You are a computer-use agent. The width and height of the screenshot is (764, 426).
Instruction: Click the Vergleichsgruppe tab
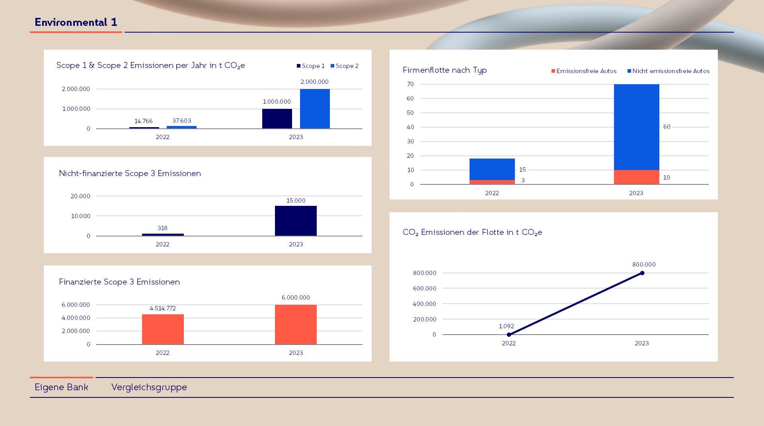click(149, 387)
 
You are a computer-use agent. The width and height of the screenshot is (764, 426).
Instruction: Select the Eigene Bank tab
click(61, 387)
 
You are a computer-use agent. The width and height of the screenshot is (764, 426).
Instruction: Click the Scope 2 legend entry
click(345, 66)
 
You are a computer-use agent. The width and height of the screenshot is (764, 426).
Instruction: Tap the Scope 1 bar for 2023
click(277, 118)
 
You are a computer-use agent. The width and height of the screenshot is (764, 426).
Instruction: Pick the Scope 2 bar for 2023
click(315, 108)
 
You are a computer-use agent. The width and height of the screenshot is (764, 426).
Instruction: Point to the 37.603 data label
click(181, 121)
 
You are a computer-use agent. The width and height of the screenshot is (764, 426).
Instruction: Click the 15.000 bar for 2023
click(296, 221)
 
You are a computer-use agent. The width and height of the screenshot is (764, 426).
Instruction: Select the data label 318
click(162, 228)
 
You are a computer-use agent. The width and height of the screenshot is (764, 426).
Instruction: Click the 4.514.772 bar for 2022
click(163, 329)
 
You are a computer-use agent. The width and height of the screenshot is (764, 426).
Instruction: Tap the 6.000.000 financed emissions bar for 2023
click(296, 324)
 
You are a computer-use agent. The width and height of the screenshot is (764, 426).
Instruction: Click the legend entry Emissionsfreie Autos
click(584, 71)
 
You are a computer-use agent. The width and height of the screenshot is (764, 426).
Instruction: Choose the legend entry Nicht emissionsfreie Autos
click(668, 71)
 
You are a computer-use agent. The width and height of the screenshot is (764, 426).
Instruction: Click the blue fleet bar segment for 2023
click(636, 127)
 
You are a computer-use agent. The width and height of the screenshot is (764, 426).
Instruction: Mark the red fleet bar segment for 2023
click(636, 177)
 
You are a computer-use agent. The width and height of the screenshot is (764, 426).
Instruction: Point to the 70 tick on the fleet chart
click(410, 84)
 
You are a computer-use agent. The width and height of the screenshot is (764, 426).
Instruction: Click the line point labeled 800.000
click(642, 273)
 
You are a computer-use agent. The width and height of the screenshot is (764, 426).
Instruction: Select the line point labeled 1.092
click(509, 335)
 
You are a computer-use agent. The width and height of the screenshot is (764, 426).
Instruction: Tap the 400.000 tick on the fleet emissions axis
click(424, 304)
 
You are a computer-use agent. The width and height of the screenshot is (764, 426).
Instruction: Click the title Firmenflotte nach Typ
click(444, 70)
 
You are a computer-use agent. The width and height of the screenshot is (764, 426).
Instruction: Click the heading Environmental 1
click(76, 22)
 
